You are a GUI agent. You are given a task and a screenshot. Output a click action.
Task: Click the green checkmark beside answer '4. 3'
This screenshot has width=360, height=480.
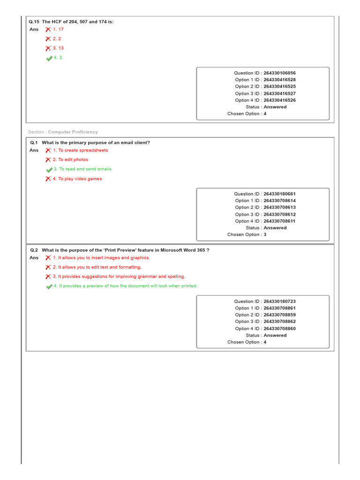(x=49, y=58)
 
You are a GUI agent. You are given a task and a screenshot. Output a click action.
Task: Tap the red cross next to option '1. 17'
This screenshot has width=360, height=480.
(x=48, y=30)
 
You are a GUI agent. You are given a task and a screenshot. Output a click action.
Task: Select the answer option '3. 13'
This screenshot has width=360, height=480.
(x=58, y=48)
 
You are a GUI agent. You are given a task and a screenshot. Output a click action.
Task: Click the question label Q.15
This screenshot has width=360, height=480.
(x=34, y=22)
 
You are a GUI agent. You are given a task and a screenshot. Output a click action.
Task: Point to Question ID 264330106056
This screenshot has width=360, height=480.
(x=279, y=73)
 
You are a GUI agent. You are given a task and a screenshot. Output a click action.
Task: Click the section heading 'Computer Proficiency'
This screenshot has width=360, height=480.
(x=73, y=132)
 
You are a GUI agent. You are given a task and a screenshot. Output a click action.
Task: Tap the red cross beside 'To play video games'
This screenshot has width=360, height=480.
(x=48, y=179)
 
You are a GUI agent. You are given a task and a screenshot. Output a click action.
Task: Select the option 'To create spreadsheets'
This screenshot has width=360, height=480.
(x=82, y=150)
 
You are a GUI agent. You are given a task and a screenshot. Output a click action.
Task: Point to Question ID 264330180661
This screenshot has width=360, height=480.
(x=279, y=194)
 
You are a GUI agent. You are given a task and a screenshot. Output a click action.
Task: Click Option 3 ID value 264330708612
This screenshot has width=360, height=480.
(x=279, y=214)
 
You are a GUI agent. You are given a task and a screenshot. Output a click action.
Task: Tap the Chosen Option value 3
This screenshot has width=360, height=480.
(x=265, y=235)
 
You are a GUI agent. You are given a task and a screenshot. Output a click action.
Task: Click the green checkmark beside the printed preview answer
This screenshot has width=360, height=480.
(x=49, y=286)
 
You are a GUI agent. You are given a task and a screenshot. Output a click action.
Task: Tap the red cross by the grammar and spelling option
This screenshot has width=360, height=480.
(x=48, y=277)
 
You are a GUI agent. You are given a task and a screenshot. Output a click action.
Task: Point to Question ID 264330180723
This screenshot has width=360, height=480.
(x=279, y=301)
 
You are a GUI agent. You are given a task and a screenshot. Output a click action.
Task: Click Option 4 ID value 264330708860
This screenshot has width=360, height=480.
(x=279, y=329)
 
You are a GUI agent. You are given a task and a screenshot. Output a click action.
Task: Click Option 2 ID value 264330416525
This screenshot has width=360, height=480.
(x=279, y=87)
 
